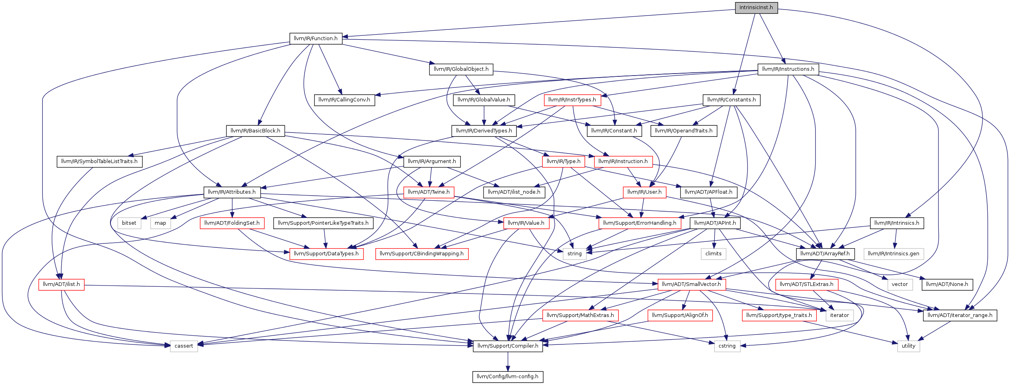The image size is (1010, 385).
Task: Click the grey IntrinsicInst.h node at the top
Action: (756, 8)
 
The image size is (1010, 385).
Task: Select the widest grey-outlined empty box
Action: (893, 254)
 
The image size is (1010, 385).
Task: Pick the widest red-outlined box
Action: (422, 254)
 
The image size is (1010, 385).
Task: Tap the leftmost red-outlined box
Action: (61, 285)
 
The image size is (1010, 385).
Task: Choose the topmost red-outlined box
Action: (572, 100)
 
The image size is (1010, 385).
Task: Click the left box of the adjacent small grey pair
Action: (129, 223)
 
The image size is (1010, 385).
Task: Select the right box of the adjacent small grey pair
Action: (161, 223)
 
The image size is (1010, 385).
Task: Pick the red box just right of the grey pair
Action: (232, 223)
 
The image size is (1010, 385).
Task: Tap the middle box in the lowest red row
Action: (680, 315)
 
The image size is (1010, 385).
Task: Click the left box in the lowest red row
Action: (581, 315)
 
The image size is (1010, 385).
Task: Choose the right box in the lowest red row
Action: (779, 315)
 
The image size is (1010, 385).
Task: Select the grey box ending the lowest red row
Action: (839, 315)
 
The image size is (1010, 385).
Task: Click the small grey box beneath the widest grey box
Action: (900, 285)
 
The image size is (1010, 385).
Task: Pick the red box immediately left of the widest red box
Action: (326, 254)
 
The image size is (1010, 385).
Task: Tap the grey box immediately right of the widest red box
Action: (575, 254)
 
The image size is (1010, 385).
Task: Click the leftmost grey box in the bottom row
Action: (184, 346)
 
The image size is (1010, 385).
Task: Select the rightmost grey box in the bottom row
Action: (909, 346)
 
